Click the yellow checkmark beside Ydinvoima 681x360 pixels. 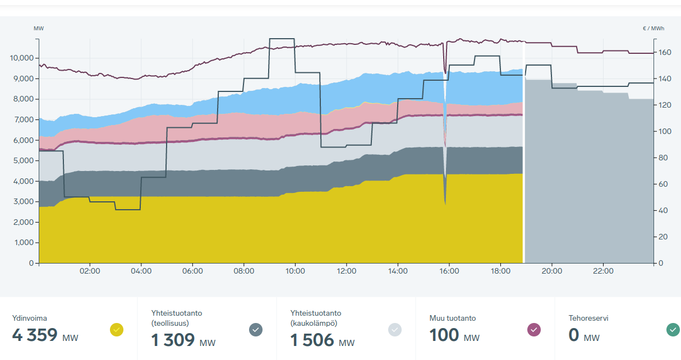(117, 330)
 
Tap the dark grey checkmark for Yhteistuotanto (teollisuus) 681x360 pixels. (256, 330)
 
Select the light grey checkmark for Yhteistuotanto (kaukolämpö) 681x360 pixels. (395, 330)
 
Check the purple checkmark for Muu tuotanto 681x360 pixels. (534, 330)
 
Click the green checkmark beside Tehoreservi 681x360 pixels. (673, 330)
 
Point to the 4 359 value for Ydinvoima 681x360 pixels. (35, 335)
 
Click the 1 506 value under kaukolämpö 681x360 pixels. (312, 340)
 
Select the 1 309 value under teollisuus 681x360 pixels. (173, 340)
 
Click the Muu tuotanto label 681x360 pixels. (452, 318)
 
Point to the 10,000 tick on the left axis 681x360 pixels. (22, 58)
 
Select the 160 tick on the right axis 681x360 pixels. (665, 53)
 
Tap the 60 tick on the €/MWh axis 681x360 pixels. (662, 184)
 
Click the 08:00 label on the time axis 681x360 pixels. (244, 271)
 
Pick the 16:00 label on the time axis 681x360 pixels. (449, 271)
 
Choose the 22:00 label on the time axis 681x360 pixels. (603, 271)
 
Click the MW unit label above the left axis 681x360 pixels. (39, 28)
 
